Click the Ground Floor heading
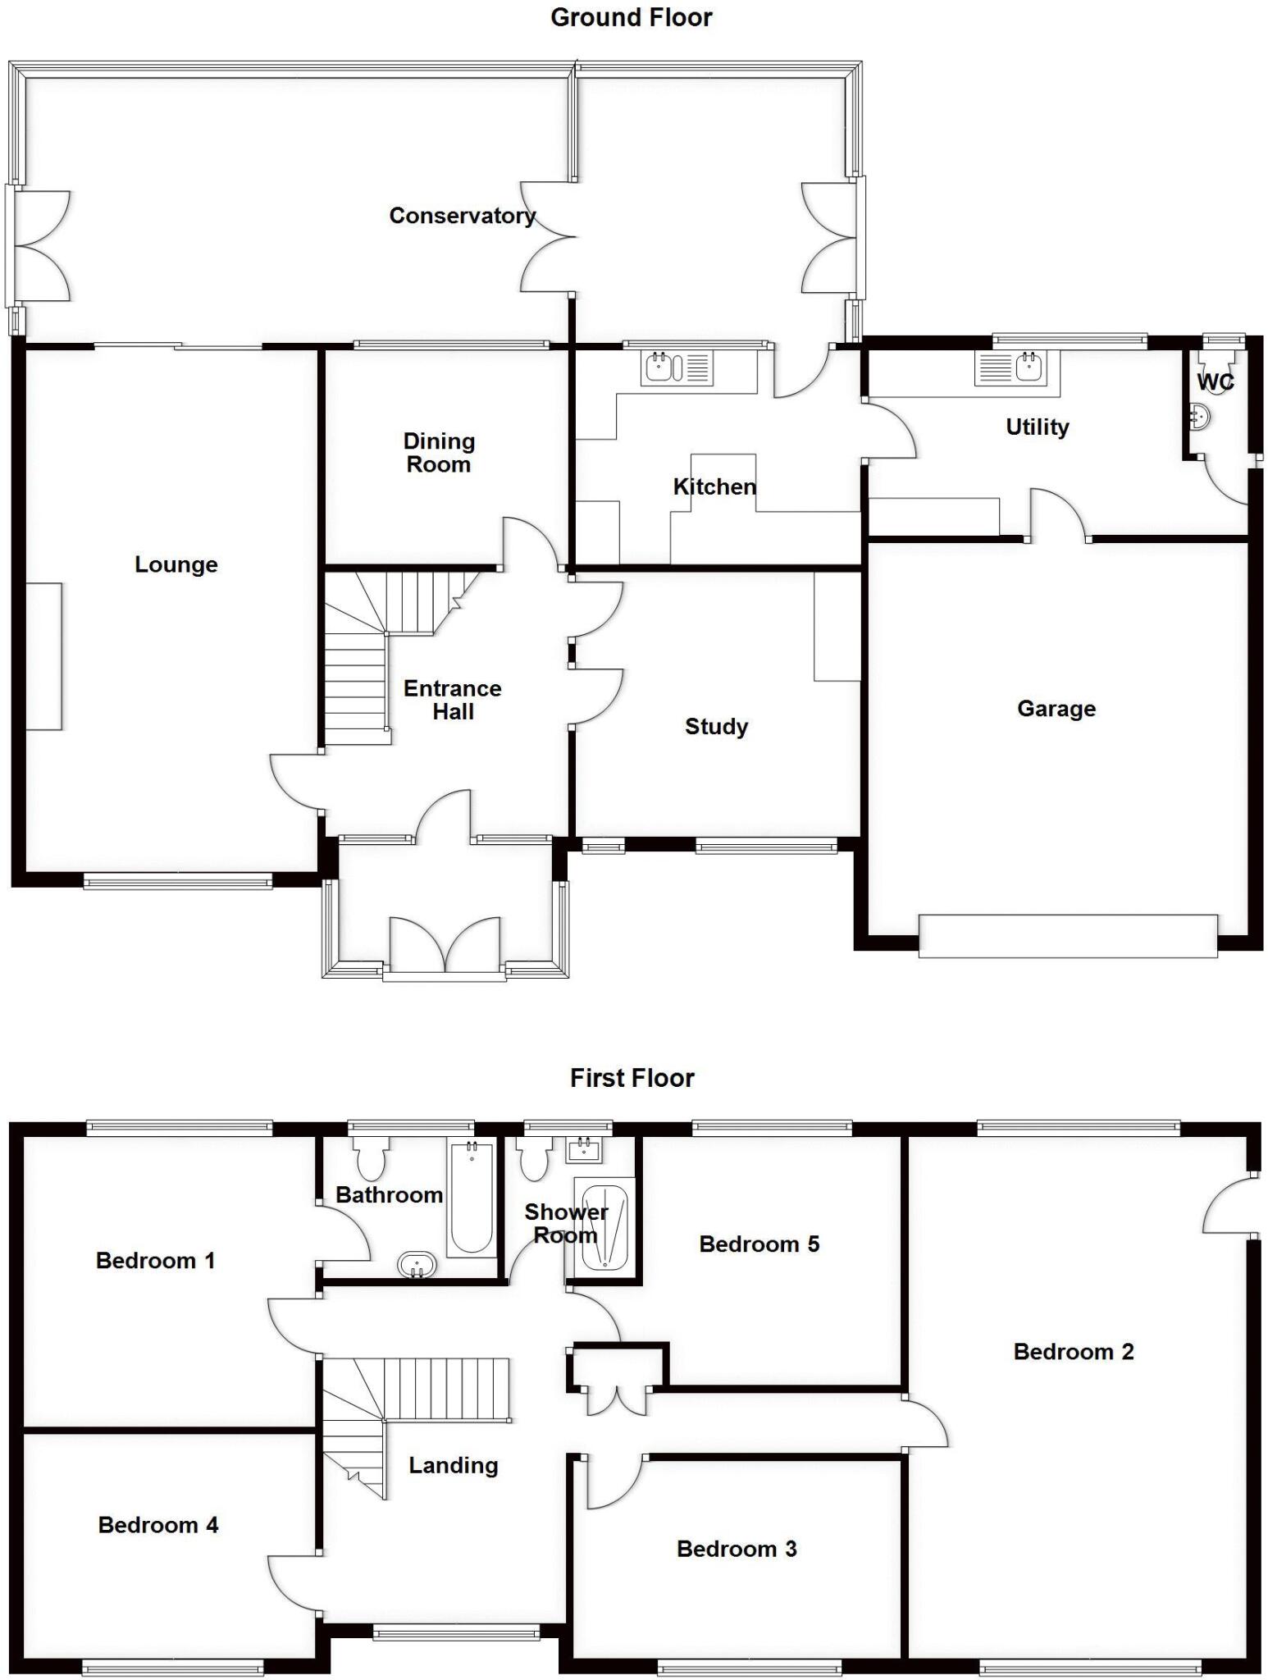(631, 17)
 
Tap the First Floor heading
(632, 1078)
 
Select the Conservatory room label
(463, 216)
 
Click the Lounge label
(176, 565)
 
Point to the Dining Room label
(439, 453)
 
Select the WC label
(1216, 382)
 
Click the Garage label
(1056, 709)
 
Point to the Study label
(716, 727)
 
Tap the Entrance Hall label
(453, 700)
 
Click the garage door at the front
(1068, 936)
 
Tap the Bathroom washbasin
(417, 1265)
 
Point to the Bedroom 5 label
(759, 1244)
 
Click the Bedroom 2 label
(1074, 1352)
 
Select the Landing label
(454, 1466)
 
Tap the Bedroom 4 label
(158, 1525)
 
